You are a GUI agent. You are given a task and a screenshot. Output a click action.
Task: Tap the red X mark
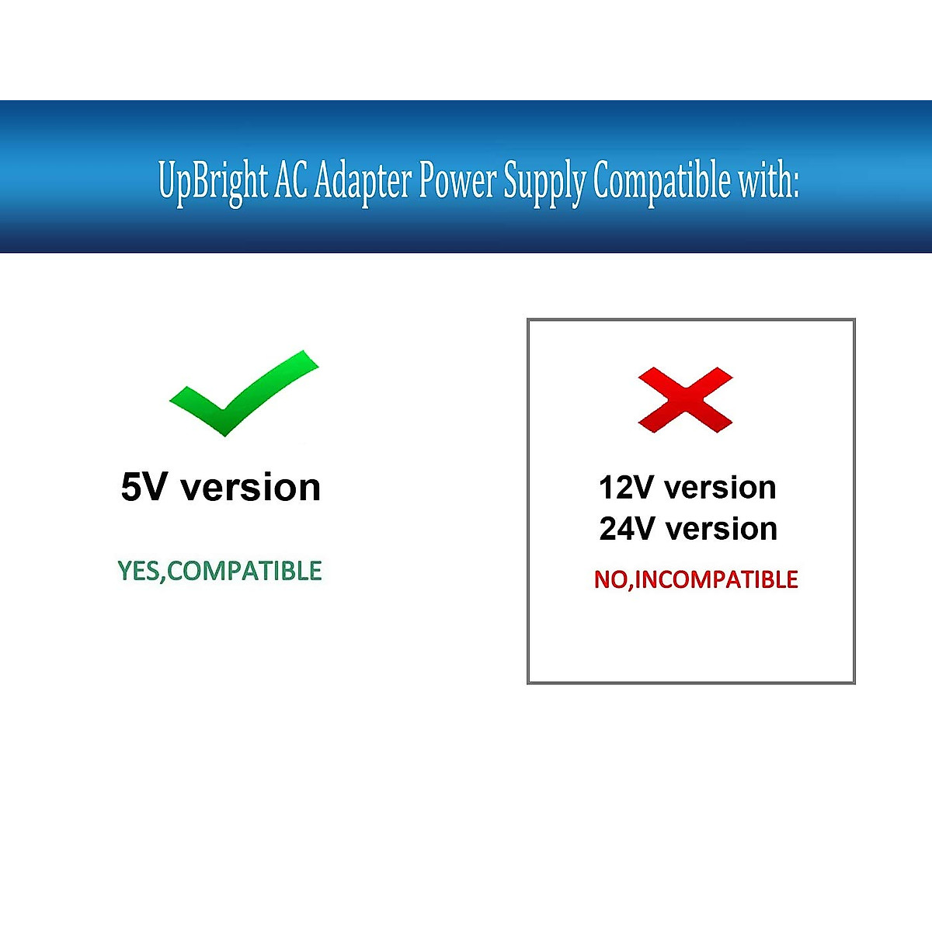point(685,400)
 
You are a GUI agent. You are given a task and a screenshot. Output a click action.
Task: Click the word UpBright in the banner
point(212,181)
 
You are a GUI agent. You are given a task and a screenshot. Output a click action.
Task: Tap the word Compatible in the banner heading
point(662,181)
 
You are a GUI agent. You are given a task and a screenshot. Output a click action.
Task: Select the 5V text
point(144,488)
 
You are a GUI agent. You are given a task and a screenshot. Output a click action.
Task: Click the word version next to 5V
point(250,488)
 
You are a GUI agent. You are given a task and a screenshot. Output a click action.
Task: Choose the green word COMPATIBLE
point(245,571)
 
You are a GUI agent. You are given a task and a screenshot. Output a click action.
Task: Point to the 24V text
point(627,529)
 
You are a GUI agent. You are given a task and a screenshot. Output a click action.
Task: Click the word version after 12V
point(721,488)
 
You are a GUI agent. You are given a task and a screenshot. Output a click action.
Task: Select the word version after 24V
point(722,529)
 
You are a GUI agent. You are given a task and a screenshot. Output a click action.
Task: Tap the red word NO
point(611,579)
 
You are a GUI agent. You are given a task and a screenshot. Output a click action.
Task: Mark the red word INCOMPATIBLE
point(717,579)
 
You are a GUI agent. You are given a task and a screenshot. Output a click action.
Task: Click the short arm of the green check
point(196,407)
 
